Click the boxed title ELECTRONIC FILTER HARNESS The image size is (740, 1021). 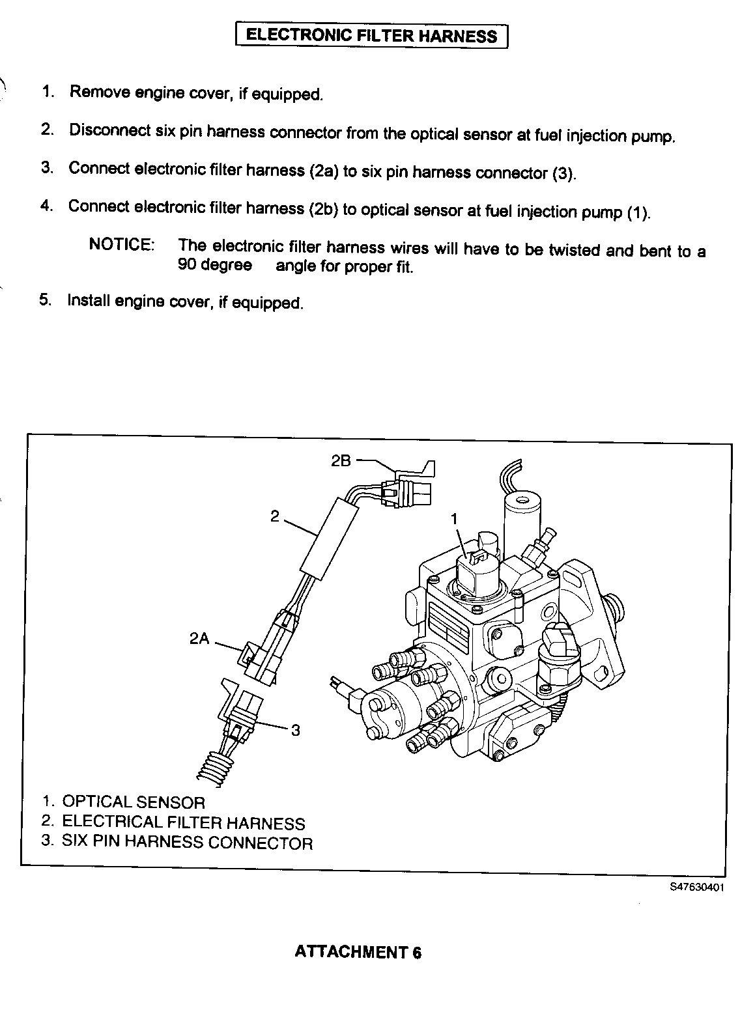coord(371,35)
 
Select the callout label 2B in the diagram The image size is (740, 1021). coord(341,460)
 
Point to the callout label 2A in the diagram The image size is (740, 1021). coord(199,639)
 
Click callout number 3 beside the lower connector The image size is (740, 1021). coord(295,730)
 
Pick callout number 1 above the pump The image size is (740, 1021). coord(455,518)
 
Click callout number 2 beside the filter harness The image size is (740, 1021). coord(275,516)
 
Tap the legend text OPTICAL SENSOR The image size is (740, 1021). coord(134,802)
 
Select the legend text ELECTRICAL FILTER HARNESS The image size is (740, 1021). coord(183,822)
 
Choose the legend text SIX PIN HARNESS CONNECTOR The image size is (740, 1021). coord(187,843)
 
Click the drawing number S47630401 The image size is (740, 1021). coord(696,887)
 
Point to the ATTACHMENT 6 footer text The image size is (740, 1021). coord(358,951)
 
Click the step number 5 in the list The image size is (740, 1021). coord(45,300)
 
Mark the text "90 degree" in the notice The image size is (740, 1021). coord(215,266)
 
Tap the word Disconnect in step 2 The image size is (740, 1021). coord(109,130)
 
